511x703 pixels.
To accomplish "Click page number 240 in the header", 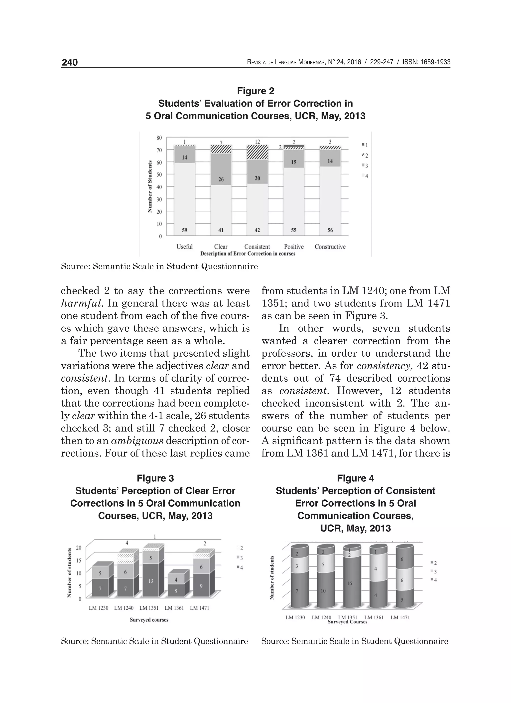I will click(x=70, y=63).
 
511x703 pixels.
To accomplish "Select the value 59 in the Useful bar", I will click(x=184, y=230).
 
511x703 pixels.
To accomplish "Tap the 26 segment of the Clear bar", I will click(x=221, y=179).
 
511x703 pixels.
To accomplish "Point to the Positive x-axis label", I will click(x=293, y=247).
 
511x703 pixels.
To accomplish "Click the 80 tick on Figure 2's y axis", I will click(x=159, y=138).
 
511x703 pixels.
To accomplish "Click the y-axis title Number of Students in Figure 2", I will click(x=150, y=187).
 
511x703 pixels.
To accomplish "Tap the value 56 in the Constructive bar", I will click(x=330, y=230).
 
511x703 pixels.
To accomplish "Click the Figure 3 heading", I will click(x=155, y=478).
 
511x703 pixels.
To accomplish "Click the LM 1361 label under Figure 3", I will click(x=174, y=608).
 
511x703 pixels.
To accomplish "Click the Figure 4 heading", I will click(x=356, y=478).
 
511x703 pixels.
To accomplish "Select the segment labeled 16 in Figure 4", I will click(x=349, y=583).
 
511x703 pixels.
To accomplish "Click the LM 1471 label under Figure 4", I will click(x=400, y=617).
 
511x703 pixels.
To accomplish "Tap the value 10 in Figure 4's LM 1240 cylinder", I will click(x=323, y=591).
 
